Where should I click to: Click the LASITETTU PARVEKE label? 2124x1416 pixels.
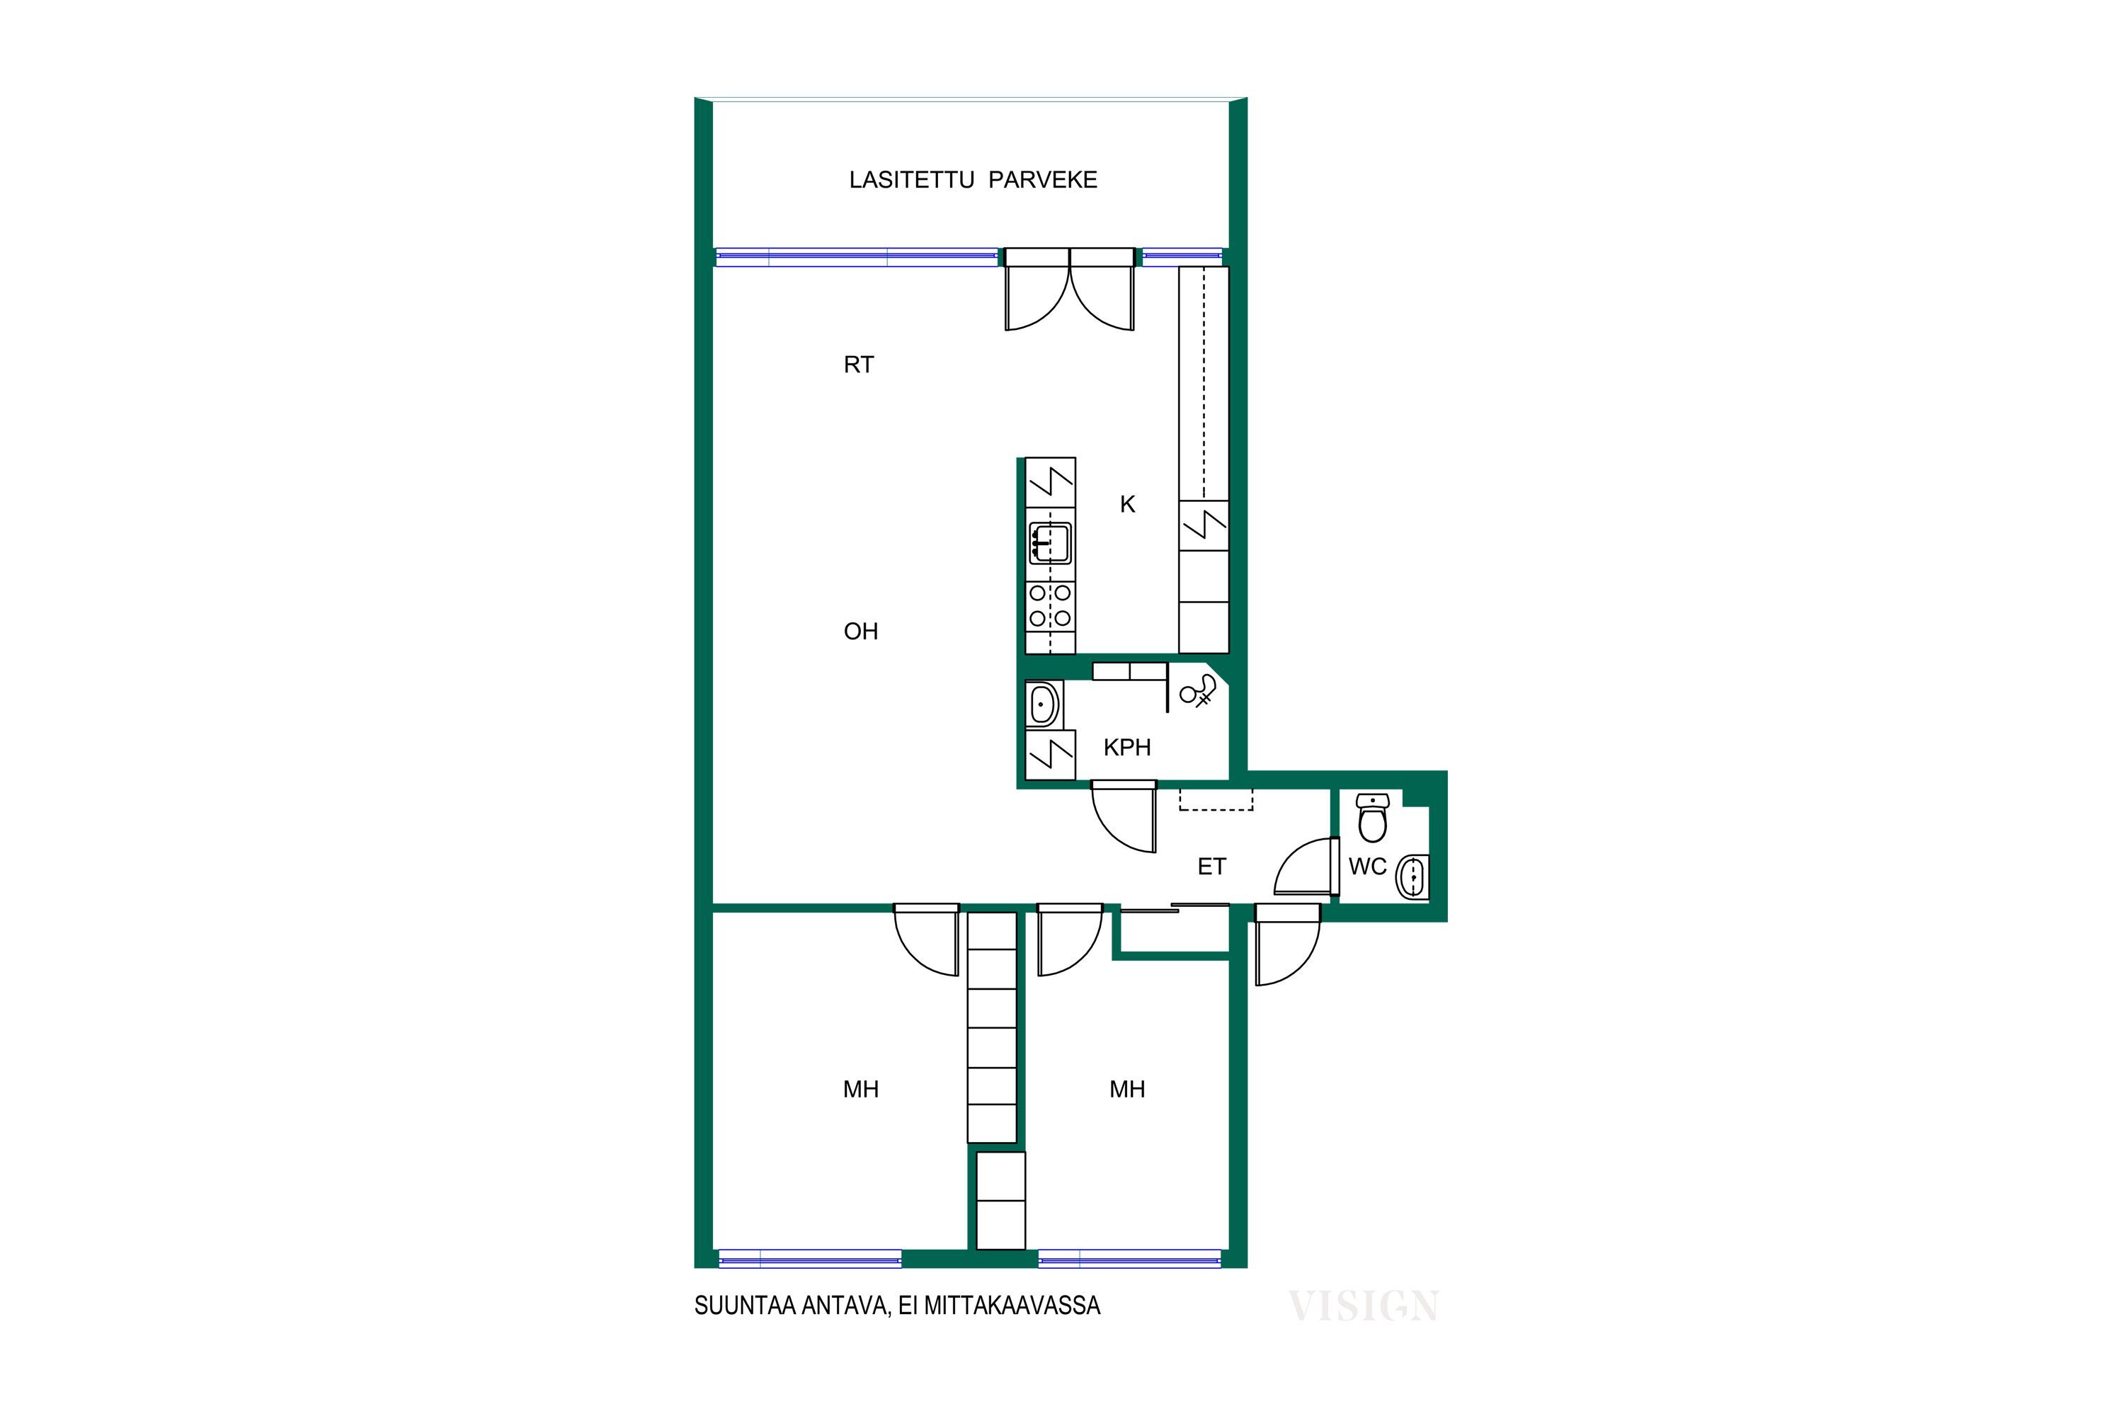[973, 180]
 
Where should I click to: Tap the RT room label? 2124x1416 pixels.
[859, 365]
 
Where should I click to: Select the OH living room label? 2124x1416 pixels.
[861, 632]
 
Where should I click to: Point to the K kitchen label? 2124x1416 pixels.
[1127, 505]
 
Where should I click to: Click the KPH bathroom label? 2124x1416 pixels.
[1127, 748]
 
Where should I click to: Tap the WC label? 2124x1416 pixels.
[1367, 867]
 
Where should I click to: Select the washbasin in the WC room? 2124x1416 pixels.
[1412, 876]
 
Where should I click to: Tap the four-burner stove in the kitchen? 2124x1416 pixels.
[1050, 606]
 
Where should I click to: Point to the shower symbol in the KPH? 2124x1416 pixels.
[1199, 692]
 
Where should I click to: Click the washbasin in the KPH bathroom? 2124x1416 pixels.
[1044, 704]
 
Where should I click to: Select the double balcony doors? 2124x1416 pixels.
[1069, 289]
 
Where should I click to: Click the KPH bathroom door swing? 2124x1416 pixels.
[1124, 817]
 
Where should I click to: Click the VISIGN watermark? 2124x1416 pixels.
[1363, 1306]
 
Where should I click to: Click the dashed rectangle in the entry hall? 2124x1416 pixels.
[1216, 800]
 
